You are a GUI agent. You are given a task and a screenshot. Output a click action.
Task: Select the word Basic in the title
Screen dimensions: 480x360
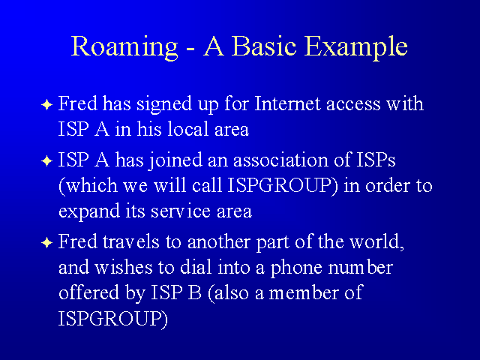click(x=264, y=46)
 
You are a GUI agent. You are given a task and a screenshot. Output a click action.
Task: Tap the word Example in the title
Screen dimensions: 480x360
click(x=356, y=48)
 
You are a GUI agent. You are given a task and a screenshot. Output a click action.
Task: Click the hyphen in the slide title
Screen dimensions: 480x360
click(x=190, y=49)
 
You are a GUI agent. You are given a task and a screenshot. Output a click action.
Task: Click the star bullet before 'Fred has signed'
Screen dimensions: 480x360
click(x=46, y=105)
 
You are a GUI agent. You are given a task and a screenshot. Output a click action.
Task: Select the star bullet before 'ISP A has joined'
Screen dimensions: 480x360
click(x=46, y=161)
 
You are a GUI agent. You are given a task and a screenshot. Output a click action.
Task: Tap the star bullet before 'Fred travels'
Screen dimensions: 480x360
click(x=46, y=243)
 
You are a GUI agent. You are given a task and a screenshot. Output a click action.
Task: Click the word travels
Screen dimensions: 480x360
click(x=131, y=241)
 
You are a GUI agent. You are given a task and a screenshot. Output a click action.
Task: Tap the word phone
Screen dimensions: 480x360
click(x=296, y=268)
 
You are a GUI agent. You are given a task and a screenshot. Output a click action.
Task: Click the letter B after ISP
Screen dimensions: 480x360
click(x=194, y=292)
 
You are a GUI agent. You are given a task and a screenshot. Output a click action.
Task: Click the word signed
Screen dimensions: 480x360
click(x=164, y=105)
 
